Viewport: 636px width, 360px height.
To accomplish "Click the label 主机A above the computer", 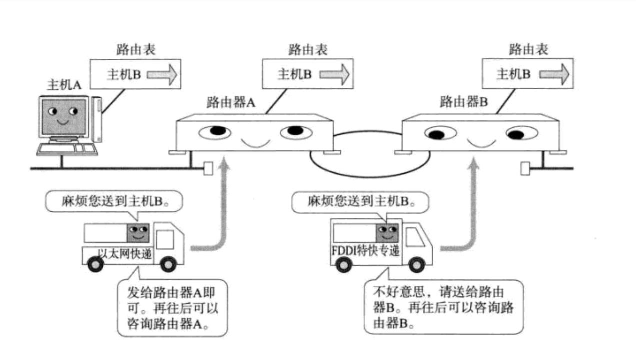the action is coord(64,85).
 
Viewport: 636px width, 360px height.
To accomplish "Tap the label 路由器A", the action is coord(231,102).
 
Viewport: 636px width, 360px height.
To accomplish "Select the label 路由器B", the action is coord(464,101).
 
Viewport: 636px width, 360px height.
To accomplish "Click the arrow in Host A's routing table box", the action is coord(162,74).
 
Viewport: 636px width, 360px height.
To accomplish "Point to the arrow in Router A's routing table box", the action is coord(334,74).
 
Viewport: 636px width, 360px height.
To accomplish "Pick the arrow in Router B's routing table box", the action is coord(554,74).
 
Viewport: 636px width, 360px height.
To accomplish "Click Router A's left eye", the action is coord(215,132).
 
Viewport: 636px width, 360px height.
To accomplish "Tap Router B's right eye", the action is coord(522,133).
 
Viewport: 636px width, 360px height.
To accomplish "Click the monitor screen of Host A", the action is coord(64,117).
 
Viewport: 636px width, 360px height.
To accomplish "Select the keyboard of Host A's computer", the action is coord(67,149).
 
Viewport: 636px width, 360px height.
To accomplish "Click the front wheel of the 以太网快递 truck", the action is coord(168,264).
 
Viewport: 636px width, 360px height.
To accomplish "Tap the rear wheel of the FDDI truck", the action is coord(344,265).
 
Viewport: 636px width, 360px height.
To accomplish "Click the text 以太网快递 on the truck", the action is coord(125,253).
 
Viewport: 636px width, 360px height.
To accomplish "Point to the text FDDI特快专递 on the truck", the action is coord(366,251).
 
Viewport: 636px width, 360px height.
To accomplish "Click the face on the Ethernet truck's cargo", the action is coord(138,233).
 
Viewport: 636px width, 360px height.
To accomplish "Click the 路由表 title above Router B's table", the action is coord(528,49).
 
